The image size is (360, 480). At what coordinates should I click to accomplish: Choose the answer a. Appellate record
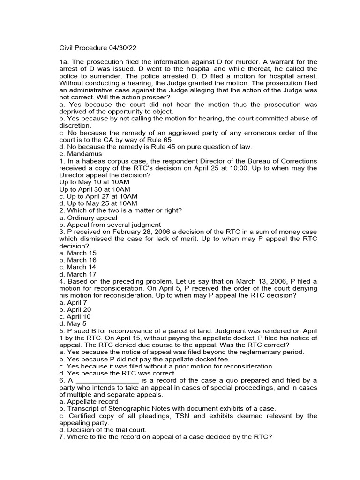click(x=89, y=401)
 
